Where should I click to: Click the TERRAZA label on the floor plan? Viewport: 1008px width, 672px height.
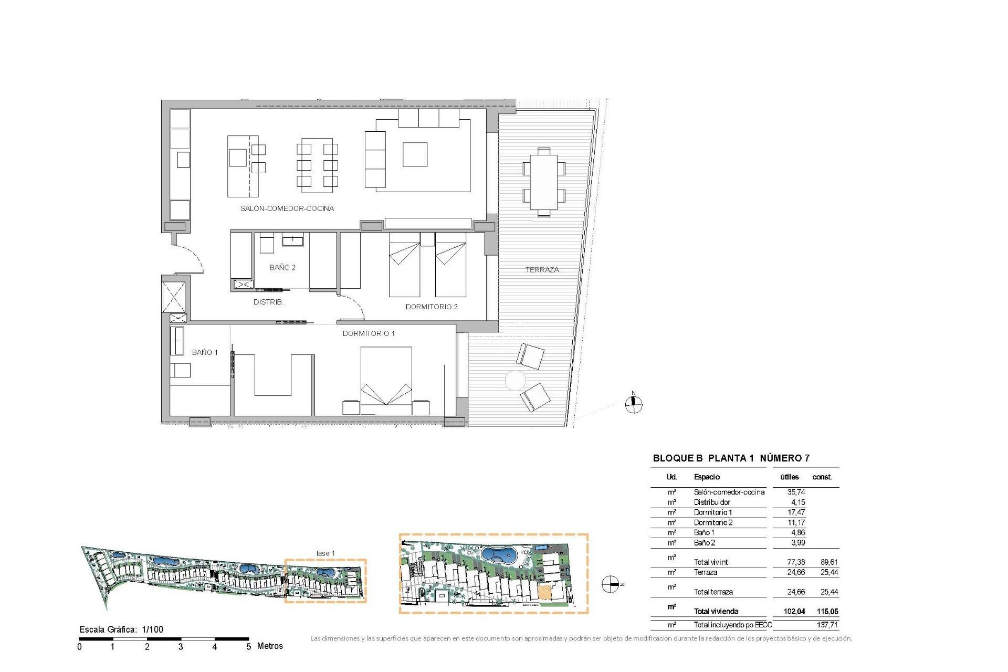point(542,270)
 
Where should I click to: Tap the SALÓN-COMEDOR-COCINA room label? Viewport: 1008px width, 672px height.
point(287,208)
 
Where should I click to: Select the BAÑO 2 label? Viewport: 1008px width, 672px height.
point(282,268)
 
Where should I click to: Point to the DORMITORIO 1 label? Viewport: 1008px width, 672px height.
point(369,333)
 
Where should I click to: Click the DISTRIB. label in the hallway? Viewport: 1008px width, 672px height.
point(268,302)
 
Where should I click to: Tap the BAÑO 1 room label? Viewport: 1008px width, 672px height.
point(205,352)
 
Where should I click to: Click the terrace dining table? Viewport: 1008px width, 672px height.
point(543,182)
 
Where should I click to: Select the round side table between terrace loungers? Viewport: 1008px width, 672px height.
point(515,380)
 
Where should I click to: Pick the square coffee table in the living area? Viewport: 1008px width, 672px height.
point(415,154)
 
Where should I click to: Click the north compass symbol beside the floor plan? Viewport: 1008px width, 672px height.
point(634,403)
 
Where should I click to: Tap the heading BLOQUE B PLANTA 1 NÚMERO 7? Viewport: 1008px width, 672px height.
point(731,458)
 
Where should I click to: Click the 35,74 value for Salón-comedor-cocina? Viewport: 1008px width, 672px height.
point(796,492)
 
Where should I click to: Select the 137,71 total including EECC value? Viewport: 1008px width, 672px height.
point(827,625)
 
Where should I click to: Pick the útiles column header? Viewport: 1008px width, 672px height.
point(789,477)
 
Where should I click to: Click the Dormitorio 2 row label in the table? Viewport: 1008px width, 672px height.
point(713,522)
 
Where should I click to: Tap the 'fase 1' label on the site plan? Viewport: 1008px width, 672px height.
point(325,553)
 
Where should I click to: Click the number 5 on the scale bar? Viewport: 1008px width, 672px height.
point(248,647)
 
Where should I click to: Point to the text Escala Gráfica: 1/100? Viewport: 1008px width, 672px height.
point(121,629)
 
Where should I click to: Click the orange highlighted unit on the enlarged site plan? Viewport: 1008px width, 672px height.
point(544,593)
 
